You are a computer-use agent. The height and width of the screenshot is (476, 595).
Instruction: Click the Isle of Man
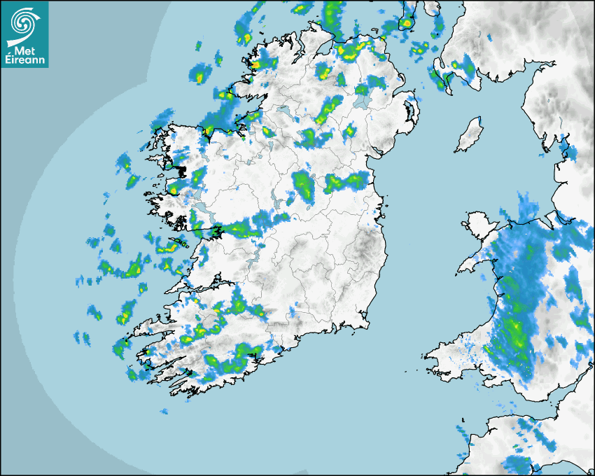pos(469,136)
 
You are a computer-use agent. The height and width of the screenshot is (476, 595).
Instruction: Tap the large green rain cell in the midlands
pos(304,185)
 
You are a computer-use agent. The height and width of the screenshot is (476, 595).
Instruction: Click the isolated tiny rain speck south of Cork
pos(164,412)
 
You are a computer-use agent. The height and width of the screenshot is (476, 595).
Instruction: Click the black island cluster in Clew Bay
pos(180,170)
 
